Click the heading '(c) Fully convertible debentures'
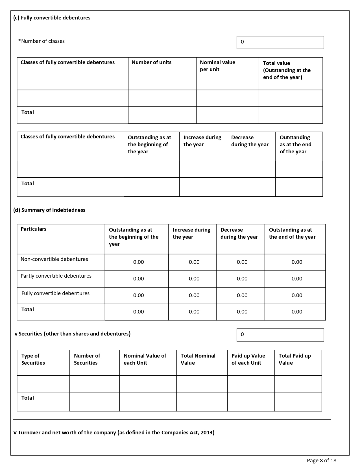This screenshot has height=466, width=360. [52, 18]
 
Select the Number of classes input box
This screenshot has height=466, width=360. [280, 42]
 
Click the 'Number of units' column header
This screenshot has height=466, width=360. [151, 62]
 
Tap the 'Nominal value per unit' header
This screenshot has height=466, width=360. [217, 66]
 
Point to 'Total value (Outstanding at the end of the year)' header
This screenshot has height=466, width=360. [287, 70]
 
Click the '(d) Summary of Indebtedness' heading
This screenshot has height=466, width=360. [49, 210]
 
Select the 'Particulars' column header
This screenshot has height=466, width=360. [33, 229]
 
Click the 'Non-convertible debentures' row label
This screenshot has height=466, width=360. [54, 259]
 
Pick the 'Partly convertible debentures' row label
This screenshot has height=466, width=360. [56, 276]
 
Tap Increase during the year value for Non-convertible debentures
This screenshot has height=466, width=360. [194, 262]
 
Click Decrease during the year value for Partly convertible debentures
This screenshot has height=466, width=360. [242, 279]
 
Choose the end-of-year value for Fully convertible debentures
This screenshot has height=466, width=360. [297, 295]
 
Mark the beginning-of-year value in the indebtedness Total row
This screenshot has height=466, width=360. [138, 312]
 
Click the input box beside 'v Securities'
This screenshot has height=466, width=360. [280, 335]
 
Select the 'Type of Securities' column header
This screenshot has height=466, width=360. [33, 359]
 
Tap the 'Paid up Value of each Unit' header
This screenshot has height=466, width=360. [248, 359]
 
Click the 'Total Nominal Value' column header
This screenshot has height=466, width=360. [198, 359]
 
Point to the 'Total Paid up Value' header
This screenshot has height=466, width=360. [294, 359]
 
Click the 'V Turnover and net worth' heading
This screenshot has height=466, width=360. [114, 433]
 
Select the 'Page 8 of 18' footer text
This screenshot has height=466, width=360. [322, 461]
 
